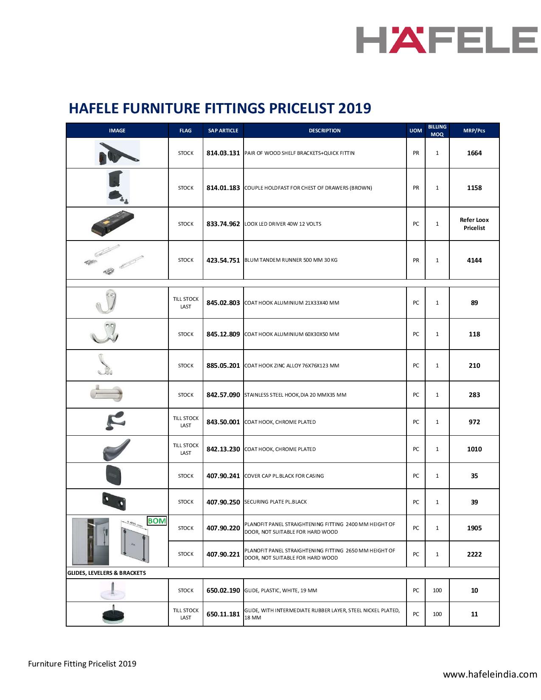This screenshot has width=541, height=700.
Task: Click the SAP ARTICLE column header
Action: tap(223, 131)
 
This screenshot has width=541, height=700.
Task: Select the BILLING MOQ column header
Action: tap(437, 131)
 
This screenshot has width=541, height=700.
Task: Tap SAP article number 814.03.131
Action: tap(223, 153)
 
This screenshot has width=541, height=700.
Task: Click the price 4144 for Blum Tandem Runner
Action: tap(474, 260)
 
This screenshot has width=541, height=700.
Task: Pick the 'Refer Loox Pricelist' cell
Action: tap(474, 224)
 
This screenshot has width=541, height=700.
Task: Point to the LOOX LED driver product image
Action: tap(113, 224)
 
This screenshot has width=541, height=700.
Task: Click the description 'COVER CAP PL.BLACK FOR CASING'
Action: tap(284, 476)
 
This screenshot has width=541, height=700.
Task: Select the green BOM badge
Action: tap(157, 521)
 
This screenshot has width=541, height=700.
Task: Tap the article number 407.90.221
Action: tap(223, 554)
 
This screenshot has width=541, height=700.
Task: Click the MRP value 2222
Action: tap(474, 554)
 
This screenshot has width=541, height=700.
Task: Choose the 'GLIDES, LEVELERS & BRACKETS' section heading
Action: tap(107, 573)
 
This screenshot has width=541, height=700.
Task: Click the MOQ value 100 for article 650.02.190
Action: tap(437, 591)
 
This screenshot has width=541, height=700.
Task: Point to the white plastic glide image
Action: tap(112, 591)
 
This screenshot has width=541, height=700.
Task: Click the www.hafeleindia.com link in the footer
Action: tap(490, 674)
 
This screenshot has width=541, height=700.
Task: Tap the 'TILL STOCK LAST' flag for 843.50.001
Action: tap(185, 422)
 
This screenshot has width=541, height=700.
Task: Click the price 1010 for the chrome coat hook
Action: tap(474, 449)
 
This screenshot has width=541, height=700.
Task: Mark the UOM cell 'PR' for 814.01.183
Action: tap(416, 188)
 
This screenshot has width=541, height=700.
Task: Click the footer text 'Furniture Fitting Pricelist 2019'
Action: tap(82, 664)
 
